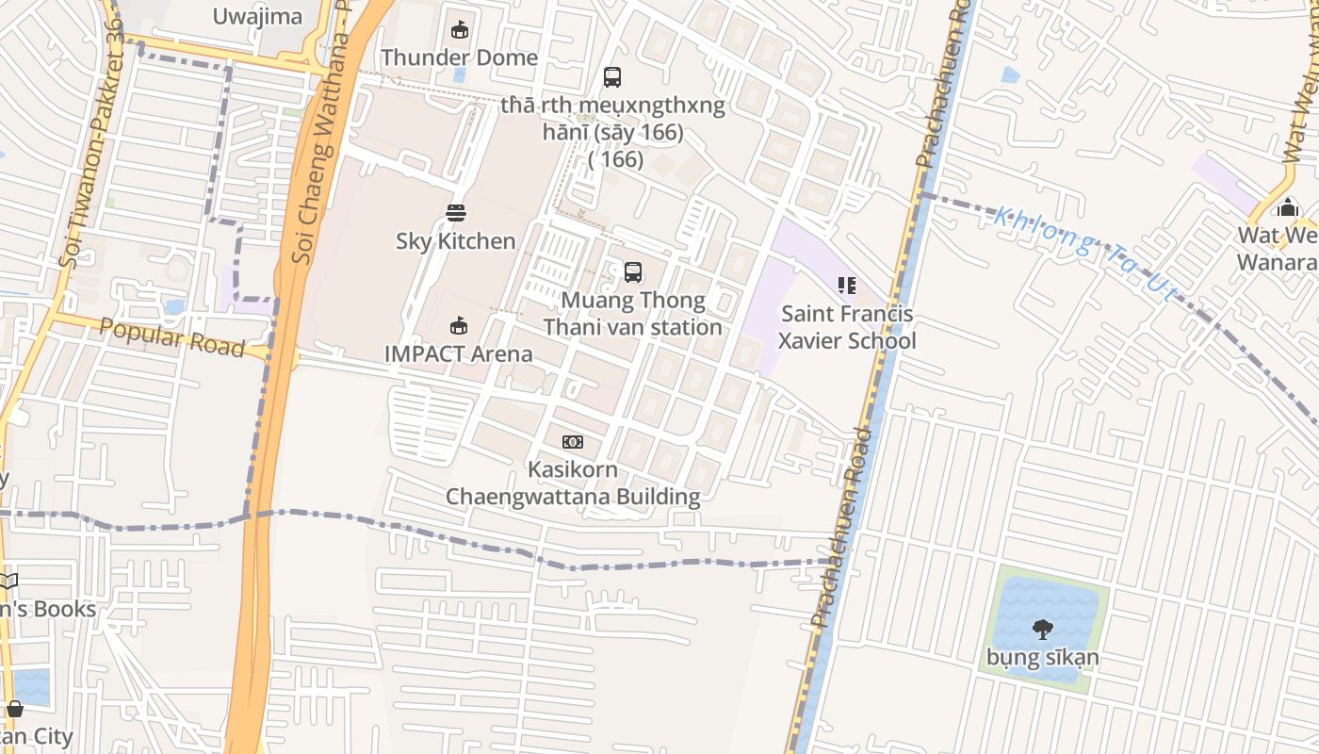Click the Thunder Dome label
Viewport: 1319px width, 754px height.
coord(459,57)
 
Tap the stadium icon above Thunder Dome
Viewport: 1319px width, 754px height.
coord(459,30)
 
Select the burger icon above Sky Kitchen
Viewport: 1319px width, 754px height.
coord(456,213)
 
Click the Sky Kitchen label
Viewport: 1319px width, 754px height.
coord(456,241)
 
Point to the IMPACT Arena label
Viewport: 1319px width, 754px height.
coord(459,353)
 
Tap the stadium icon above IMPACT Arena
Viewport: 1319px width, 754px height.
coord(459,326)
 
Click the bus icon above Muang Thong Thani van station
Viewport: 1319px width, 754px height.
coord(633,272)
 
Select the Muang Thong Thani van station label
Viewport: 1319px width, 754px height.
coord(633,314)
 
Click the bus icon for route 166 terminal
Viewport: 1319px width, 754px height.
coord(612,77)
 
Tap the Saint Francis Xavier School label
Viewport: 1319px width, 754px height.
coord(847,327)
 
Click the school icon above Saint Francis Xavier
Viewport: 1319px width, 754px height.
coord(847,285)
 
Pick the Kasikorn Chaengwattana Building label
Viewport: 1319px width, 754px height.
coord(573,483)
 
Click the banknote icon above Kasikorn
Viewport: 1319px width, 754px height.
coord(573,442)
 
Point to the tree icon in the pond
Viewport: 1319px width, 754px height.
coord(1042,629)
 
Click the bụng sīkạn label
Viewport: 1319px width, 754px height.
coord(1042,657)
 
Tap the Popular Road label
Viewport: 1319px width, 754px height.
coord(171,336)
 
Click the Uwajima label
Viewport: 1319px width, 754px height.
coord(257,16)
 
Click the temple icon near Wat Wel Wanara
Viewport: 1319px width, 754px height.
coord(1288,208)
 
